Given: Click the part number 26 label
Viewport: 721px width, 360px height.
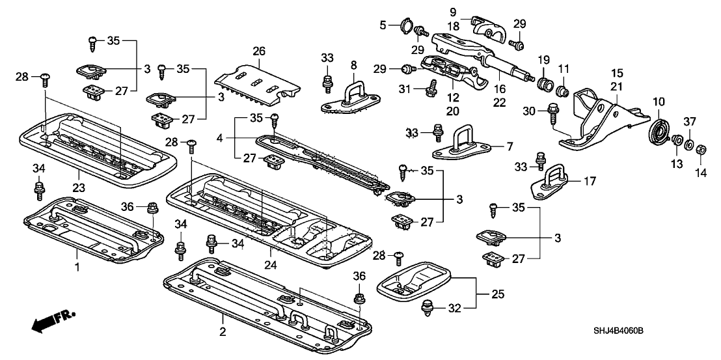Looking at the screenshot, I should point(259,51).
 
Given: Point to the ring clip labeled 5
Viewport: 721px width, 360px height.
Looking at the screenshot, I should point(406,25).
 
